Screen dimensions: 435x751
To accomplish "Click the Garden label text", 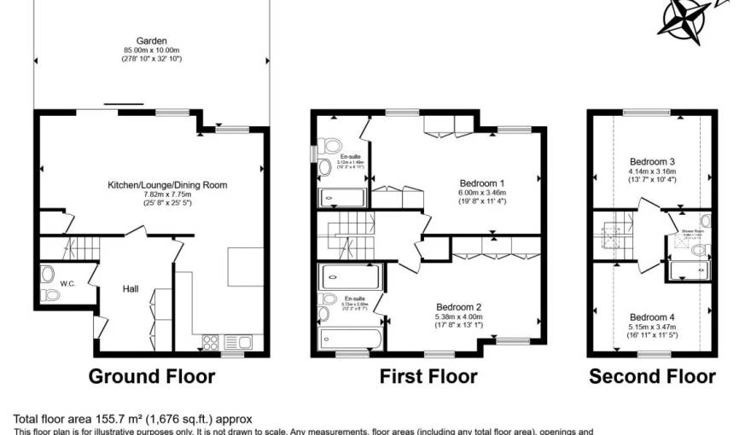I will point(151,40).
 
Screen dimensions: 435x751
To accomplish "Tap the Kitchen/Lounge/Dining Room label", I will point(167,184).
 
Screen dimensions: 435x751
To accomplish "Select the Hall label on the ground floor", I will point(130,289).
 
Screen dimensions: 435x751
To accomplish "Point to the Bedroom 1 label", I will point(482,183).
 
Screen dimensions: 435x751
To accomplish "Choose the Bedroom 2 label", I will point(459,307).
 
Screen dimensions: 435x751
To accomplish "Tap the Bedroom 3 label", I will point(652,161).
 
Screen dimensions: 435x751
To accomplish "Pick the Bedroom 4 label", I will point(652,316).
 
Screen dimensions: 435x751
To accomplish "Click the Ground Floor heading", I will point(152,376).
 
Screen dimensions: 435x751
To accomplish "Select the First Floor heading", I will point(428,376).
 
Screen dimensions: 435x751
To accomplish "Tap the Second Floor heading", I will point(652,376).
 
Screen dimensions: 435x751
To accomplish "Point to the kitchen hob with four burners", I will point(210,342).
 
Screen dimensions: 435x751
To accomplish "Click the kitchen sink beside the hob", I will point(236,342).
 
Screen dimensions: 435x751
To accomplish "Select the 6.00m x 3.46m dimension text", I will point(482,193).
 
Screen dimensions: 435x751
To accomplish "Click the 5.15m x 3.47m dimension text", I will point(652,327).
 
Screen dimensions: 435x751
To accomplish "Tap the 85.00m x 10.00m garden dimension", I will point(151,49).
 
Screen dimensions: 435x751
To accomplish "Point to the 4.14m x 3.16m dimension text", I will point(652,171).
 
